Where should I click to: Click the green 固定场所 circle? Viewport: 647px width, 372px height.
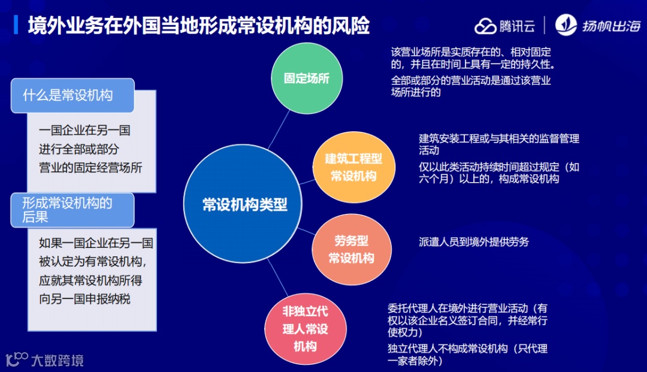[306, 79]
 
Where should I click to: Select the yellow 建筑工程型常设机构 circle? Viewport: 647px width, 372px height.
[353, 167]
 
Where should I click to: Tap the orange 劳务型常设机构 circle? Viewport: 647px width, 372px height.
[351, 250]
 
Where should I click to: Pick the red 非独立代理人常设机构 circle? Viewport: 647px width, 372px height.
[305, 329]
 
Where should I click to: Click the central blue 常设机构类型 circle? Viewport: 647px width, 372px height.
[244, 205]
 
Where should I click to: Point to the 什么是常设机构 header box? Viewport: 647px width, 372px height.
[72, 95]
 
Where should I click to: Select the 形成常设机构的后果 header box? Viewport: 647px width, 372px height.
[72, 210]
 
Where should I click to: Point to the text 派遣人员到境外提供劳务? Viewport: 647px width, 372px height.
[474, 242]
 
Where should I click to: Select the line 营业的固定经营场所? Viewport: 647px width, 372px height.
[90, 168]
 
